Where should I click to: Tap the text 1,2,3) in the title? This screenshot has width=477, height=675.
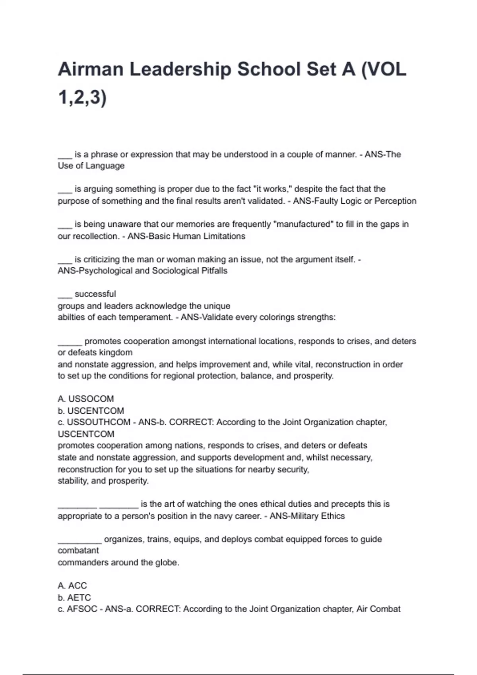pyautogui.click(x=82, y=97)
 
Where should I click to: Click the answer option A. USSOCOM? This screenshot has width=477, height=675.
pyautogui.click(x=86, y=399)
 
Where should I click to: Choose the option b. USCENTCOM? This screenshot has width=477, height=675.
pyautogui.click(x=91, y=411)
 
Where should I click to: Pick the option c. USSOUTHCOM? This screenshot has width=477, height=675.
pyautogui.click(x=94, y=422)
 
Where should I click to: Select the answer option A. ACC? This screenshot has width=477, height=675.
pyautogui.click(x=72, y=586)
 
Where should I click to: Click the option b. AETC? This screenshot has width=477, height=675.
pyautogui.click(x=74, y=598)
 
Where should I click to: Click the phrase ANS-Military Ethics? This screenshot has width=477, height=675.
pyautogui.click(x=307, y=516)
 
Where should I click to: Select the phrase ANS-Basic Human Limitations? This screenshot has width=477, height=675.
pyautogui.click(x=186, y=236)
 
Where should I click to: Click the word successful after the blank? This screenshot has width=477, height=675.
pyautogui.click(x=95, y=294)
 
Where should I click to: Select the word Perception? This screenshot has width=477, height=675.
pyautogui.click(x=395, y=201)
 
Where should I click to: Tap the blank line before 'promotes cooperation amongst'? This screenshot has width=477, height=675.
pyautogui.click(x=70, y=342)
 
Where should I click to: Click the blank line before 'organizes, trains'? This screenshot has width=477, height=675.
pyautogui.click(x=79, y=540)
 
